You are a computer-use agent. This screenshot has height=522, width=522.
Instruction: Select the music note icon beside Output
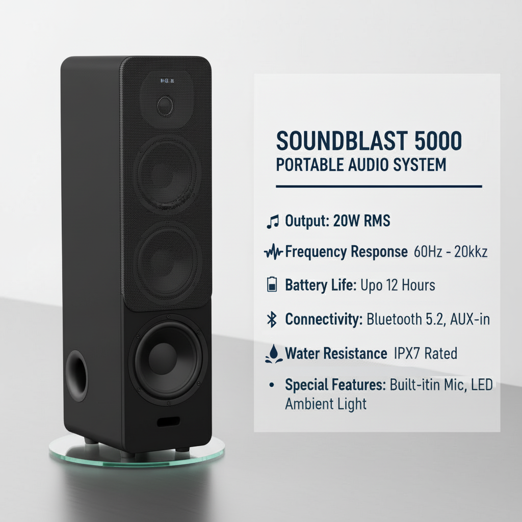[x=273, y=221]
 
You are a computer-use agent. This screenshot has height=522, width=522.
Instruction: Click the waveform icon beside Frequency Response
[x=274, y=252]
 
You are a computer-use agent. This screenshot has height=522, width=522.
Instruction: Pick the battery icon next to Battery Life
[x=272, y=284]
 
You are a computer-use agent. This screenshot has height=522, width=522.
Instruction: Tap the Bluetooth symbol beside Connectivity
[x=272, y=320]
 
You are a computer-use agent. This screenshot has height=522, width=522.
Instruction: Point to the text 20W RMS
[x=361, y=221]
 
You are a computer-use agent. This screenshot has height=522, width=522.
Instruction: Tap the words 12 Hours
[x=411, y=285]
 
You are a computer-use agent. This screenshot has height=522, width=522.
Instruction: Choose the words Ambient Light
[x=326, y=404]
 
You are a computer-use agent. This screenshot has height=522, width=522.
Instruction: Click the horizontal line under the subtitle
[x=378, y=187]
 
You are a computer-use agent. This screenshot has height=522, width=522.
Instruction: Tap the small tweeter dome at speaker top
[x=165, y=106]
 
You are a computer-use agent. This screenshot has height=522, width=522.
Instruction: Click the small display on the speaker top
[x=167, y=81]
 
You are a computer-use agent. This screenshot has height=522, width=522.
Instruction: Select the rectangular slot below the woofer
[x=168, y=423]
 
